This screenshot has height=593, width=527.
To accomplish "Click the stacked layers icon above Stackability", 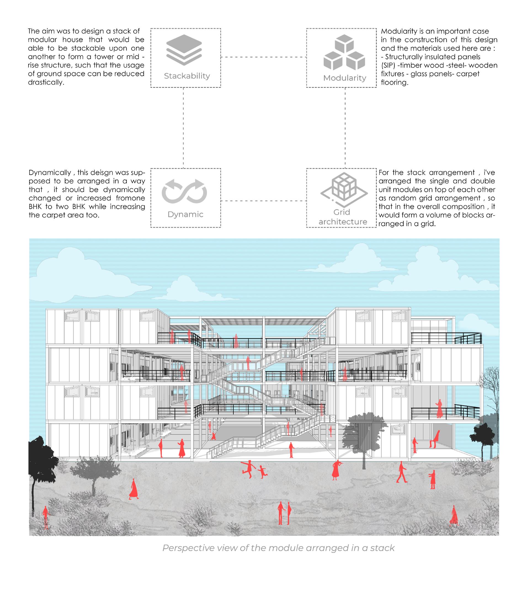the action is (x=184, y=50).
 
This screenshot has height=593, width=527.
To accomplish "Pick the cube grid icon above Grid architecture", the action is (x=344, y=187).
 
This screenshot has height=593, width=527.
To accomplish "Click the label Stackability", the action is (x=187, y=76).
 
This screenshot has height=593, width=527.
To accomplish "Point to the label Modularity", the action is (x=344, y=78).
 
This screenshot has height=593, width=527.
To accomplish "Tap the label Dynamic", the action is (x=185, y=214).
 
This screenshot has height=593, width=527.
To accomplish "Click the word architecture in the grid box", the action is (x=343, y=222).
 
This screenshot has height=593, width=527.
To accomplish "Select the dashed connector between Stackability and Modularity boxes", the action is (x=263, y=57).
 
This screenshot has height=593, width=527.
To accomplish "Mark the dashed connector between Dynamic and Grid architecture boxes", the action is (x=263, y=201).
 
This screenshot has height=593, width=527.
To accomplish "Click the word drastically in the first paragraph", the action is (x=46, y=82).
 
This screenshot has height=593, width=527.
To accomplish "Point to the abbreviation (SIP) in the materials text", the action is (x=388, y=65).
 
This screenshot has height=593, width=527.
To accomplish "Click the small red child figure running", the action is (x=263, y=472).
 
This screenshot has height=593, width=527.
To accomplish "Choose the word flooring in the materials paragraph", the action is (x=394, y=82).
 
